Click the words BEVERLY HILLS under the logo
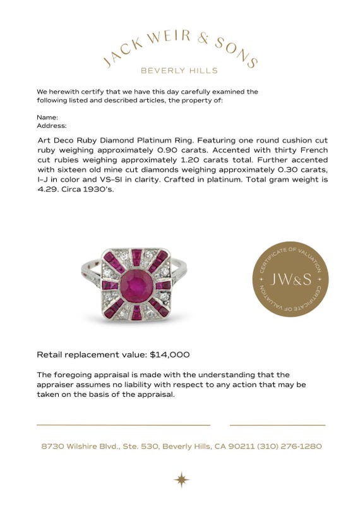click(x=179, y=71)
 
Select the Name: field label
click(x=47, y=118)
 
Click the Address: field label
click(x=52, y=126)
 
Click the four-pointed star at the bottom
click(x=181, y=480)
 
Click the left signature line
click(x=123, y=425)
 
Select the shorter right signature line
click(x=277, y=425)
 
